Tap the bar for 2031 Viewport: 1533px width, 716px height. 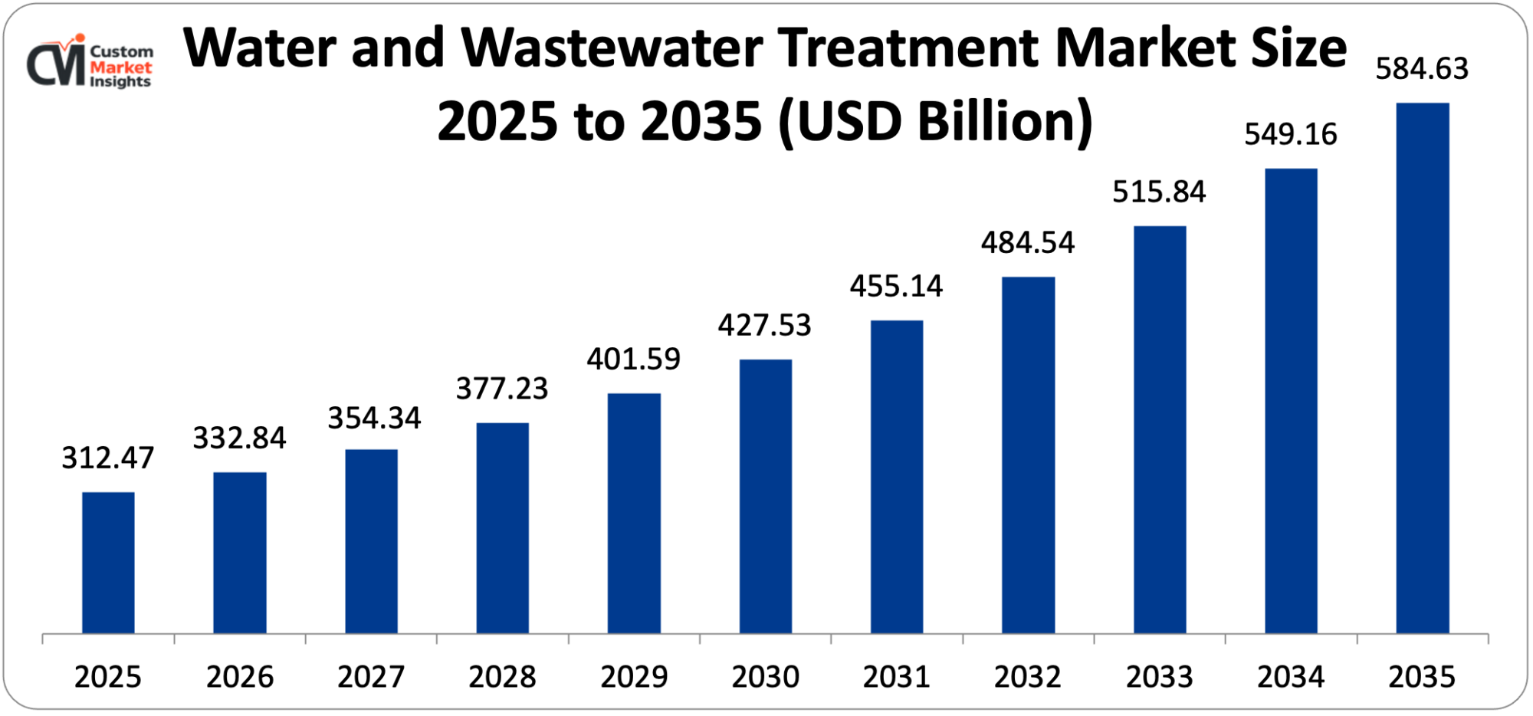[897, 476]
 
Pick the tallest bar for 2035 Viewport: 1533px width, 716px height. [1422, 367]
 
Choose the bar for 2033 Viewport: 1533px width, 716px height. [1159, 429]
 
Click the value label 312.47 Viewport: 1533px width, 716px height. [108, 458]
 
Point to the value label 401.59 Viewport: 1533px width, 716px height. [633, 359]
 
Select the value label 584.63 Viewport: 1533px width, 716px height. [1422, 69]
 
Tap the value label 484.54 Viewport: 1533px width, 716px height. [1028, 242]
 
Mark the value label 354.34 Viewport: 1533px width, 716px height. [374, 418]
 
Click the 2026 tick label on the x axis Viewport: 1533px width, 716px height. [239, 677]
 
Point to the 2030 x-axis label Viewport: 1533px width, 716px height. [765, 677]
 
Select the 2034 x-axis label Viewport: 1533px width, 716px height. [1291, 677]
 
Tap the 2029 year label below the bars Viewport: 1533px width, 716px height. [634, 677]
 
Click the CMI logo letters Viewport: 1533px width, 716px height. [55, 64]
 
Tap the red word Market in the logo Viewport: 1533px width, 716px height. [121, 67]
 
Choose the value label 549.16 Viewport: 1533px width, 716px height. [1291, 134]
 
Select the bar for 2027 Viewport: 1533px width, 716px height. [371, 540]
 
